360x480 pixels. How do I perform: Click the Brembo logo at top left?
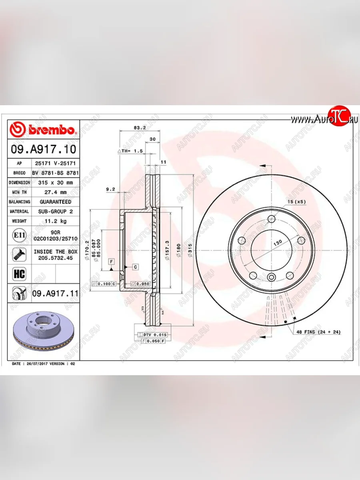click(x=43, y=130)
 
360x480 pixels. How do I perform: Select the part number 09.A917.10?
click(x=43, y=149)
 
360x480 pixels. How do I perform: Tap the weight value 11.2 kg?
click(x=55, y=221)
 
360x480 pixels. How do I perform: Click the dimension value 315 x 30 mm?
click(x=55, y=182)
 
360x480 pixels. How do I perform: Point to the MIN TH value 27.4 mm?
click(x=55, y=192)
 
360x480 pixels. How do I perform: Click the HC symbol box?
click(x=19, y=274)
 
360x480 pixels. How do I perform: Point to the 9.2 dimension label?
click(x=110, y=189)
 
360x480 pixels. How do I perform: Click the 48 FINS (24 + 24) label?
click(x=318, y=332)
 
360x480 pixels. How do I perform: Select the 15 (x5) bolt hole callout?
click(x=296, y=202)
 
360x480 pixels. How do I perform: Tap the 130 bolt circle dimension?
click(x=278, y=242)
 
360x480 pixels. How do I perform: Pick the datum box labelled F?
click(x=112, y=261)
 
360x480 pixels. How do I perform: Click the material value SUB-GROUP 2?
click(x=55, y=211)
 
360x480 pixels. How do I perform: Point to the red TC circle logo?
click(x=339, y=116)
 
